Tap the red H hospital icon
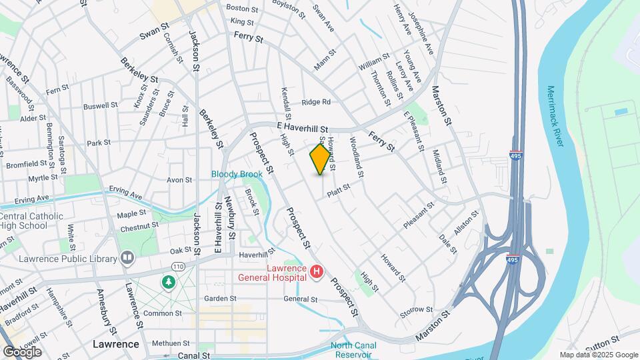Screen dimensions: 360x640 point(316,272)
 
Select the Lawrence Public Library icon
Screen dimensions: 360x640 point(127,258)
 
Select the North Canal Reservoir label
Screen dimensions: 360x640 point(354,349)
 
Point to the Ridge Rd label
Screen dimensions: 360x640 point(316,102)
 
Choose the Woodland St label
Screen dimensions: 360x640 point(355,158)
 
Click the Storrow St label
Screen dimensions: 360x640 point(417,311)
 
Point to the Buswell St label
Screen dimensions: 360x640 point(101,105)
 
